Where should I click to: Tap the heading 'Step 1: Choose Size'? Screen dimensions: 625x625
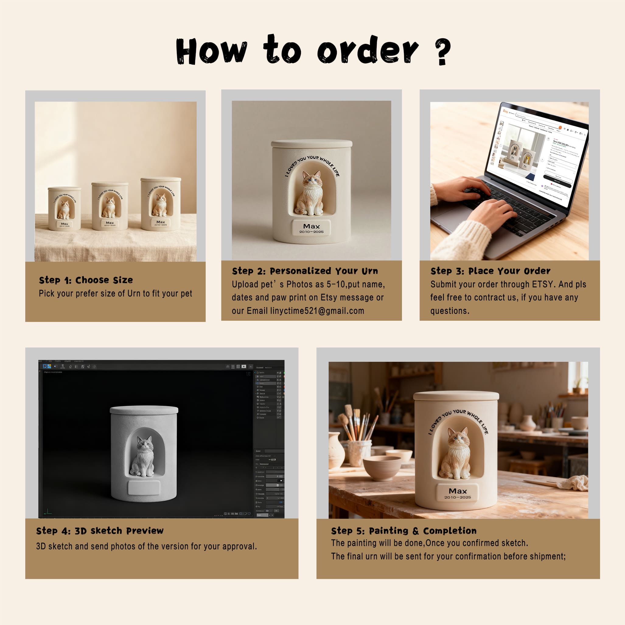pos(86,280)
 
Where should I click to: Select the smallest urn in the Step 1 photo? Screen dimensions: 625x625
pos(65,209)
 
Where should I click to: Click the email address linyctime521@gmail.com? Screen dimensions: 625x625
pos(317,311)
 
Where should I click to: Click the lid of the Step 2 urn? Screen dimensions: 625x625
pos(312,143)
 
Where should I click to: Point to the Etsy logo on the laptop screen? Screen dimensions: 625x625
pos(505,111)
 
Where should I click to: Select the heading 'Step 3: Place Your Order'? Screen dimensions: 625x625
pos(490,271)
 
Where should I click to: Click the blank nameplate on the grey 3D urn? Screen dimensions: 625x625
pos(144,487)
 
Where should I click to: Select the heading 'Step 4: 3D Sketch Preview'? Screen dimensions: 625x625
pos(100,531)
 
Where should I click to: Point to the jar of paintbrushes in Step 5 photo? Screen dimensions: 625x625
pos(359,451)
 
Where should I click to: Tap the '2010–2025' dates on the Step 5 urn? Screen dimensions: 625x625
pos(457,497)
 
